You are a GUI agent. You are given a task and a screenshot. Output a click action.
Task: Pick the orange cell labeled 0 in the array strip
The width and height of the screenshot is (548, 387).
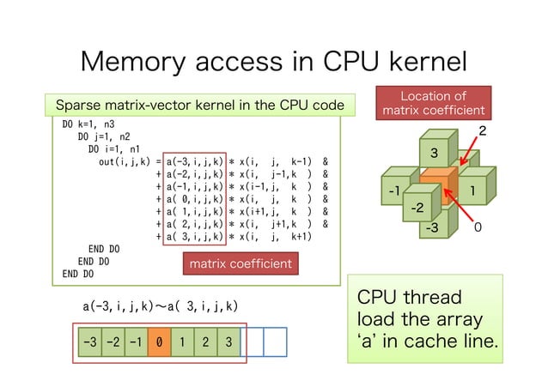point(159,342)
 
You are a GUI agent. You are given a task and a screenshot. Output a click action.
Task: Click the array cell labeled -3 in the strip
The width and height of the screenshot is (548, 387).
point(88,342)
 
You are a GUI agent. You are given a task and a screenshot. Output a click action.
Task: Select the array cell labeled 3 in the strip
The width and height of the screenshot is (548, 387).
point(228,342)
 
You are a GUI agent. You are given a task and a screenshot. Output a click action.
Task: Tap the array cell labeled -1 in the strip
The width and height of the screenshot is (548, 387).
point(136,342)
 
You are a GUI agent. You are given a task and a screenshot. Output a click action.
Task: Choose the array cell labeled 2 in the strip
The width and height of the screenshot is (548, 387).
point(205,342)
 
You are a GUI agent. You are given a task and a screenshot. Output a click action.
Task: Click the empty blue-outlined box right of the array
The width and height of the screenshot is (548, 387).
point(274,342)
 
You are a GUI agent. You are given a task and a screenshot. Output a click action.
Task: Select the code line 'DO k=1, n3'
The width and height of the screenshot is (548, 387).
point(88,124)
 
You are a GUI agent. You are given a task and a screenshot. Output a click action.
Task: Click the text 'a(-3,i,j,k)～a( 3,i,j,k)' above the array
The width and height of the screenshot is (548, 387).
point(161,305)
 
